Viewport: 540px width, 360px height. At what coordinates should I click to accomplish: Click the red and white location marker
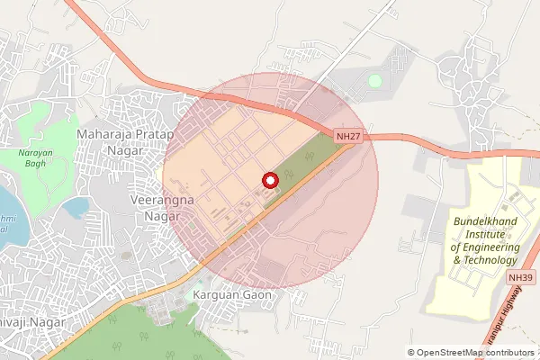[x=269, y=180]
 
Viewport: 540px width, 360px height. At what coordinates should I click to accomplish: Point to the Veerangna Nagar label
[x=163, y=207]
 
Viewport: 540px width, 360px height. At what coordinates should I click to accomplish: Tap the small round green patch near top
[x=374, y=81]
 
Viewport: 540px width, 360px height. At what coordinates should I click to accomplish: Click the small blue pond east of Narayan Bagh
[x=76, y=209]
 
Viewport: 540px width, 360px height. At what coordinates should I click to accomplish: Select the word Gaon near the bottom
[x=256, y=294]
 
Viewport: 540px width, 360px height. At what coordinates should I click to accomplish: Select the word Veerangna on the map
[x=163, y=200]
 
